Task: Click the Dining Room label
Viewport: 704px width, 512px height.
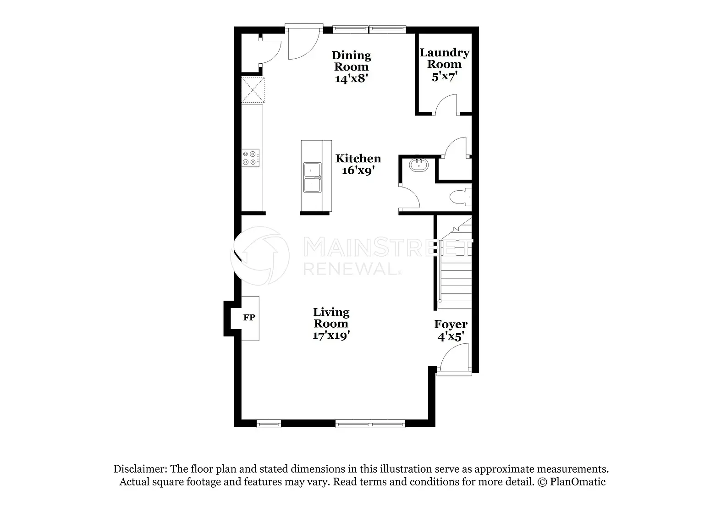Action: pyautogui.click(x=352, y=61)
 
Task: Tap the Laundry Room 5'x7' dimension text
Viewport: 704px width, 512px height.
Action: pyautogui.click(x=445, y=77)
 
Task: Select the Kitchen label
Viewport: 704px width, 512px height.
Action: pyautogui.click(x=358, y=159)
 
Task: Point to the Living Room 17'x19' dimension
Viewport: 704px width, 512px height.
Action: pyautogui.click(x=331, y=336)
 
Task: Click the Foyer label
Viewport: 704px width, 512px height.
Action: pyautogui.click(x=451, y=324)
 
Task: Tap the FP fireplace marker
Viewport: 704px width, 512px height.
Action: pyautogui.click(x=249, y=318)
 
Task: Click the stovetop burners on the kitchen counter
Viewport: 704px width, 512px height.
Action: pyautogui.click(x=251, y=158)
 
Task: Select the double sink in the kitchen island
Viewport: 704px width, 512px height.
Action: pyautogui.click(x=313, y=177)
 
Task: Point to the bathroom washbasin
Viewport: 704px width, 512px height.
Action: pyautogui.click(x=418, y=165)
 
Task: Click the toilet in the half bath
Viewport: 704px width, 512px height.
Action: pyautogui.click(x=461, y=197)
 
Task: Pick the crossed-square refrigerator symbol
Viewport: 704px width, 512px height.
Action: pyautogui.click(x=253, y=90)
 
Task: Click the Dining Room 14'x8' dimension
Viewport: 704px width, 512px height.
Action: pyautogui.click(x=352, y=78)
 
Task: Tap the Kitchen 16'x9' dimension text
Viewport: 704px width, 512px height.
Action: pyautogui.click(x=358, y=171)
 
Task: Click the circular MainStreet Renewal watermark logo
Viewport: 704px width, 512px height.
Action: pyautogui.click(x=260, y=256)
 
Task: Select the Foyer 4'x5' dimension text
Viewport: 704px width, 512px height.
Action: pyautogui.click(x=451, y=336)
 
